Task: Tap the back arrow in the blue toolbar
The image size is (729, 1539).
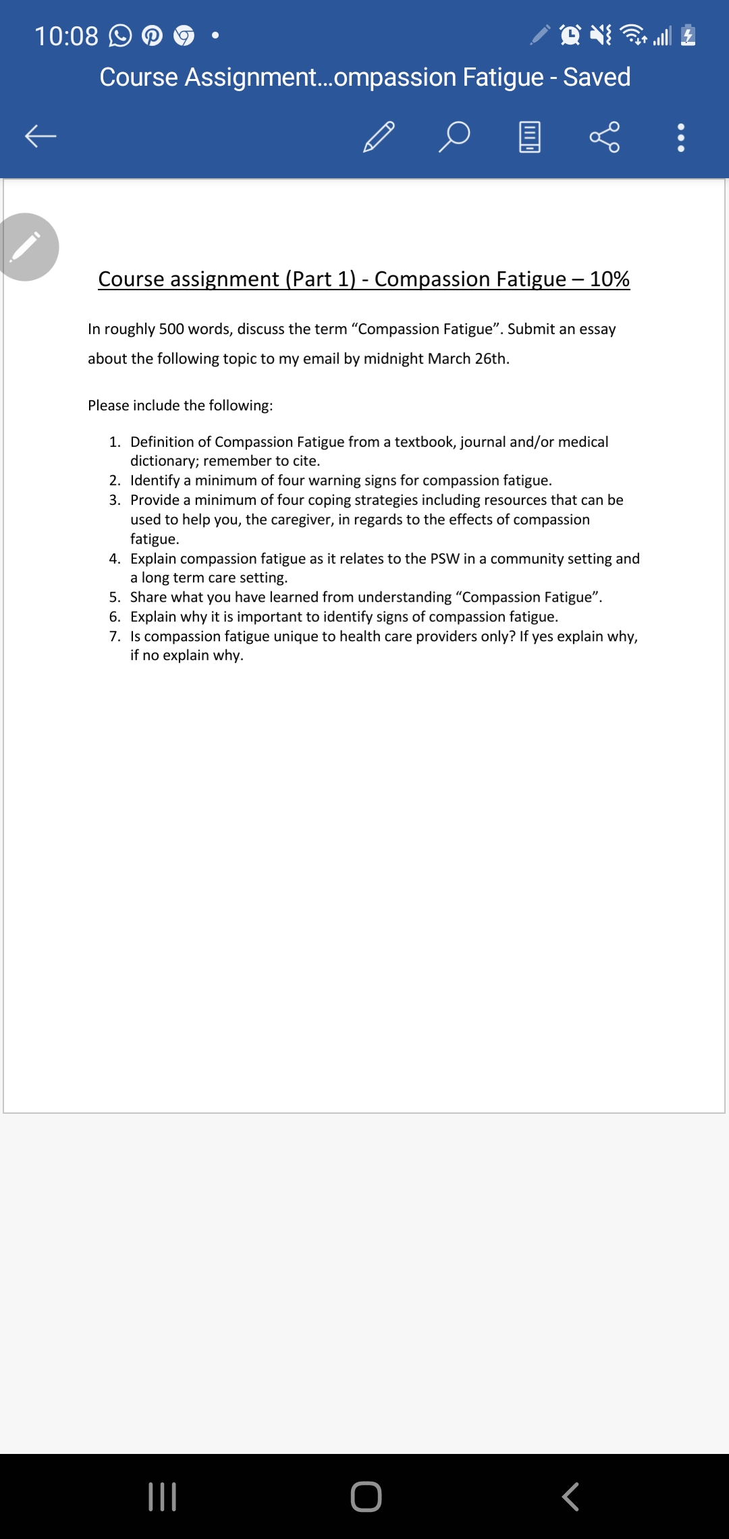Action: pos(40,136)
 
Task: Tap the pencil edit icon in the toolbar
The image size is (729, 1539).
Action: pos(379,136)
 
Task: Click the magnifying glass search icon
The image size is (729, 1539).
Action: pos(454,136)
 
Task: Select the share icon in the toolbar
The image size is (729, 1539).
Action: pos(604,136)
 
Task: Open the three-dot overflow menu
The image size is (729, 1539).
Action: pos(680,137)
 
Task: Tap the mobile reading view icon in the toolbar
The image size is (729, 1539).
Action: pos(529,136)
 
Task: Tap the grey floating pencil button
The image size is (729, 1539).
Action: pos(26,247)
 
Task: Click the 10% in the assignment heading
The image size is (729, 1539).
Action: pos(609,279)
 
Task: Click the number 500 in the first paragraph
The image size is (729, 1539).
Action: pos(171,329)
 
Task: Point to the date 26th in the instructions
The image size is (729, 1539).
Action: pos(491,358)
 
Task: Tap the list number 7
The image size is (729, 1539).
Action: pos(115,636)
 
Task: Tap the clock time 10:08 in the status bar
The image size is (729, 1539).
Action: pos(66,36)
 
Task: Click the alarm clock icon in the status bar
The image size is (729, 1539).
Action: pos(570,34)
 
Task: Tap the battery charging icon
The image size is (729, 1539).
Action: pos(688,34)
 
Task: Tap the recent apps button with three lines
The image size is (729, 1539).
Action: pos(162,1496)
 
